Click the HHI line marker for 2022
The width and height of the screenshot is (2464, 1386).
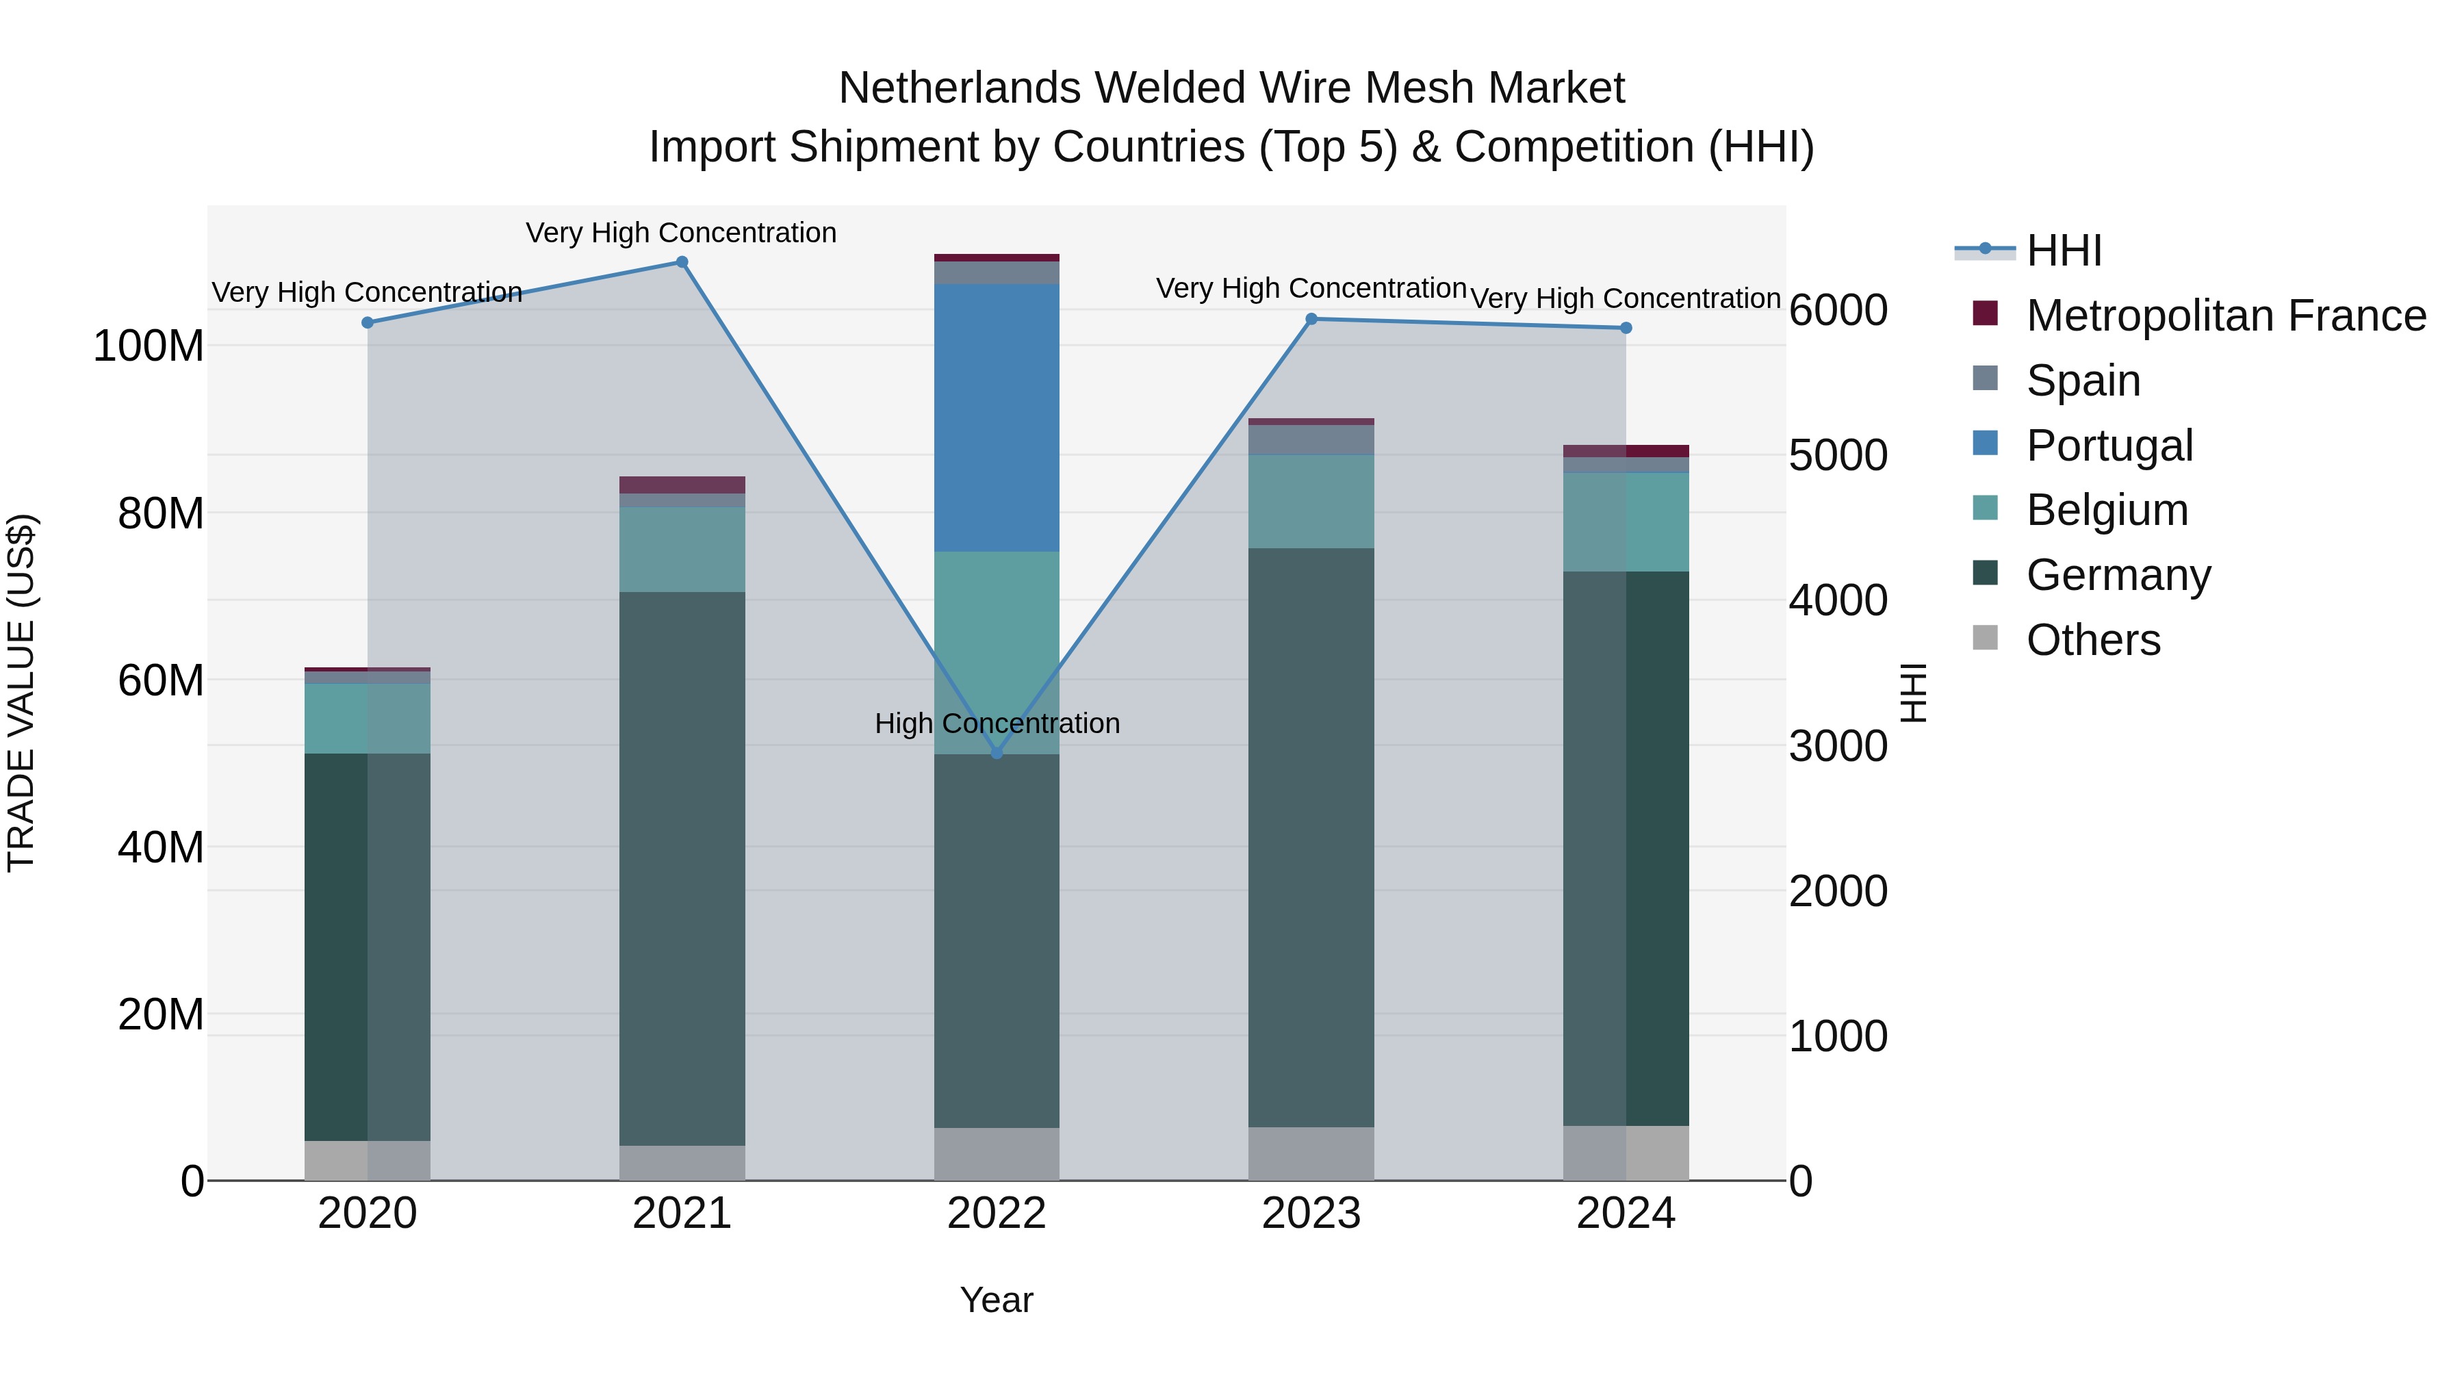tap(997, 754)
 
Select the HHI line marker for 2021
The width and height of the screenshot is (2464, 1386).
tap(682, 262)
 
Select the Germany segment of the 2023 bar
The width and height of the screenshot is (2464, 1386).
tap(1311, 837)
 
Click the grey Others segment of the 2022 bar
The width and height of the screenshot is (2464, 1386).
tap(997, 1153)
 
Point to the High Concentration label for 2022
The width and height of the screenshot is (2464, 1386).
tap(997, 724)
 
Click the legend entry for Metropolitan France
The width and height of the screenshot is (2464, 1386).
tap(2225, 316)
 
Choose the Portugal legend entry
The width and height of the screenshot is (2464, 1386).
tap(2109, 446)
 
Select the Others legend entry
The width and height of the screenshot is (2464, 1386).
tap(2093, 640)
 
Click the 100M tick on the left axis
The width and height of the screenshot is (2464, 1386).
tap(149, 346)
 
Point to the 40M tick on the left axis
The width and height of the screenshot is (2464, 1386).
tap(161, 847)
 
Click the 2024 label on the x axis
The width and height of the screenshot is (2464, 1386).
tap(1625, 1214)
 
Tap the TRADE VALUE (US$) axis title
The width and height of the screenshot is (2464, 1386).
tap(21, 693)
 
